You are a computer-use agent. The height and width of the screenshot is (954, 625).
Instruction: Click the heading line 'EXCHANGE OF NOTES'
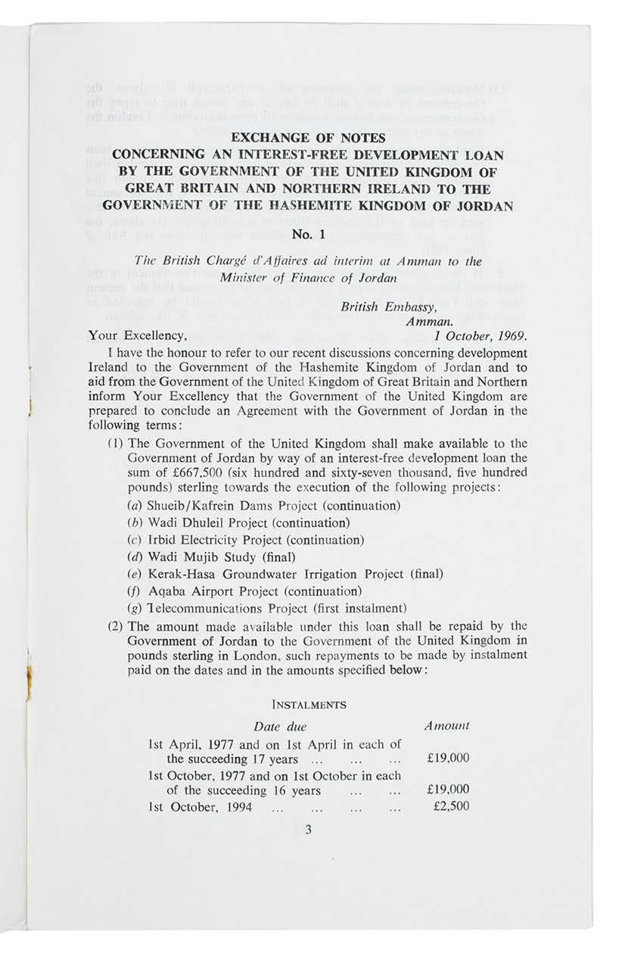[x=308, y=138]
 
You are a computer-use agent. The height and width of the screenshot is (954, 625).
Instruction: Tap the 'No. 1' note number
[x=308, y=234]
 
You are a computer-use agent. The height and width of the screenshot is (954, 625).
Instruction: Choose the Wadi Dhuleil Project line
[x=238, y=523]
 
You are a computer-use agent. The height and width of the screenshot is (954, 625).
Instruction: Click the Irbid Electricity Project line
[x=245, y=541]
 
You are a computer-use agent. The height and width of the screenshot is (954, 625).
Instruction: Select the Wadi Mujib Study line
[x=211, y=557]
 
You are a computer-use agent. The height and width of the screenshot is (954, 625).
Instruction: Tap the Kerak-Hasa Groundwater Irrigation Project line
[x=285, y=575]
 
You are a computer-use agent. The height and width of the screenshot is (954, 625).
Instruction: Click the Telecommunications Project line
[x=266, y=609]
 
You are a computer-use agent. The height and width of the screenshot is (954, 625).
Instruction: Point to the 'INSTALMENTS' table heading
[x=309, y=705]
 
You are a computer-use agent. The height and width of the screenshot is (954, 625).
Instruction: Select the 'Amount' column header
[x=446, y=726]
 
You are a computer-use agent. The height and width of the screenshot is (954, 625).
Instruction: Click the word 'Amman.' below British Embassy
[x=429, y=321]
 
